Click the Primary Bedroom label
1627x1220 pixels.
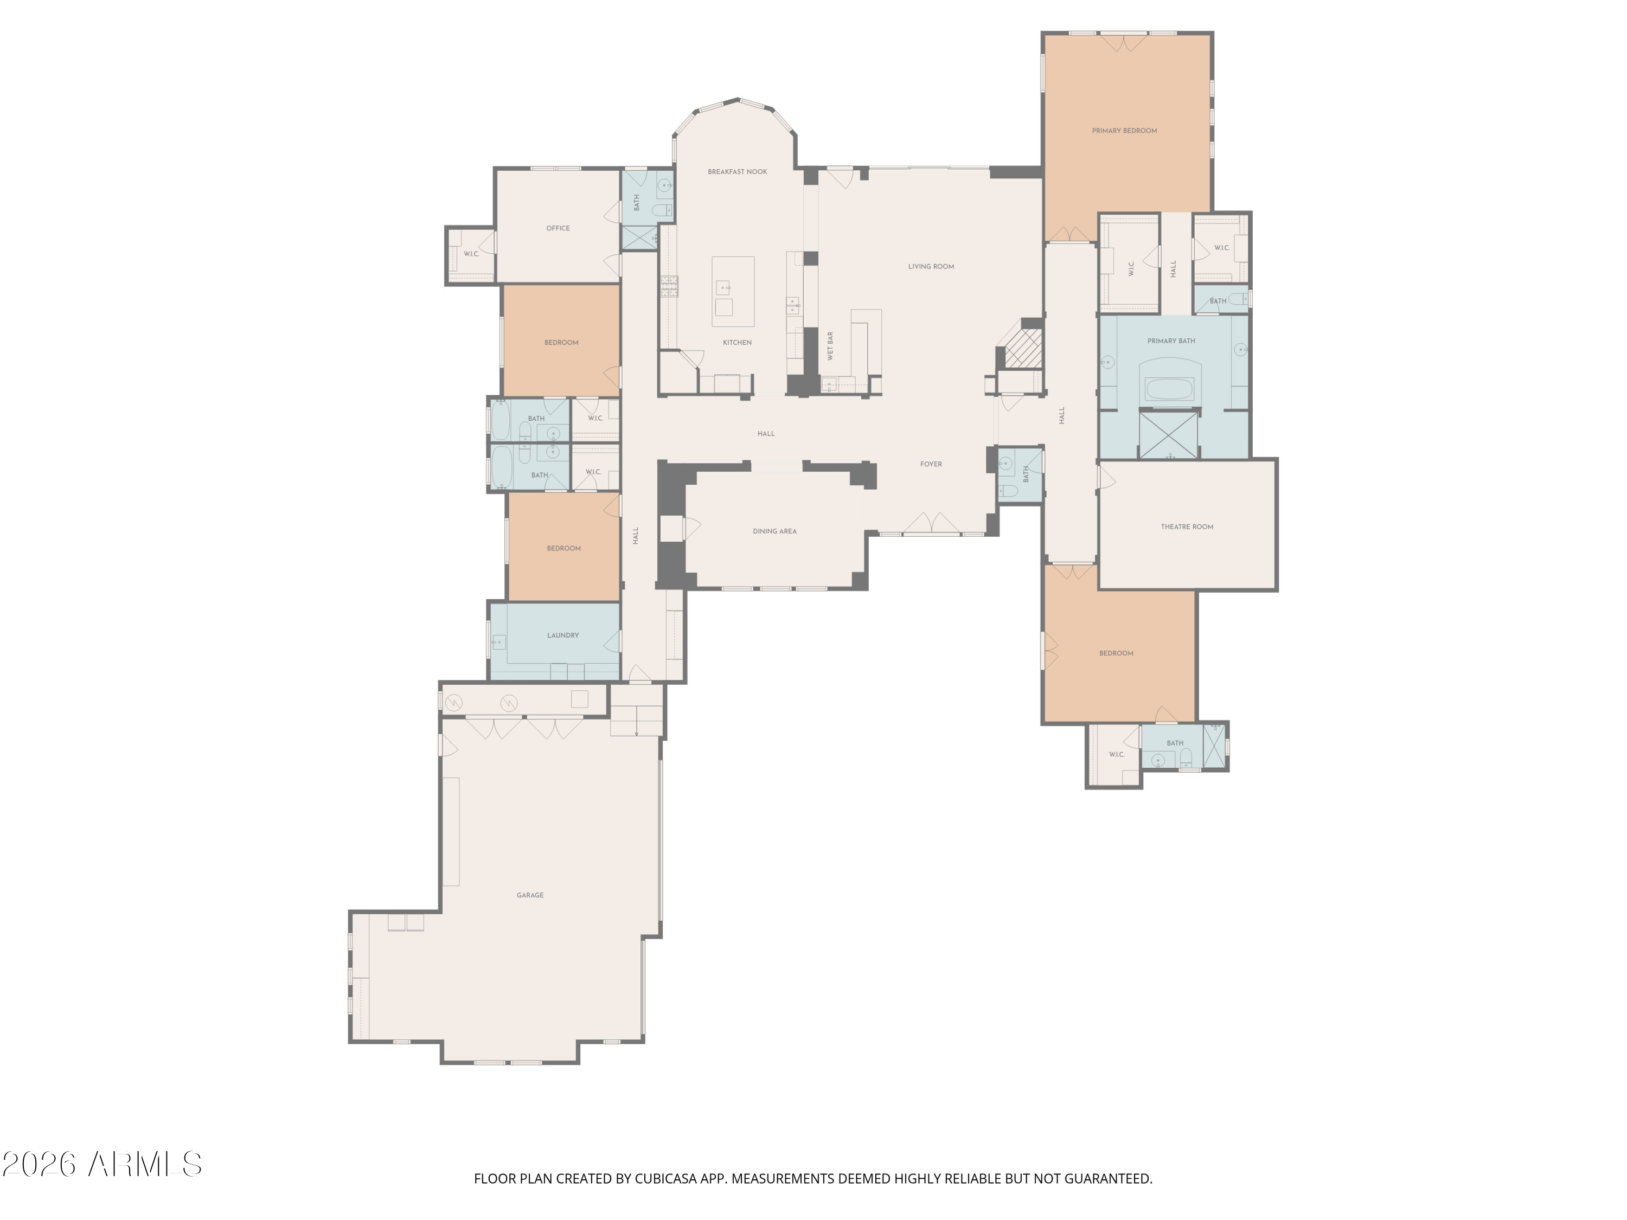click(1124, 131)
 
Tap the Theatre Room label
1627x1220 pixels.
click(1187, 526)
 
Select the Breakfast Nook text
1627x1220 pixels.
click(737, 172)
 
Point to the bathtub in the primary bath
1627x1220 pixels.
click(1169, 388)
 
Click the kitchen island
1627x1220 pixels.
click(733, 291)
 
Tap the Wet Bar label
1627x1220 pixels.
click(830, 345)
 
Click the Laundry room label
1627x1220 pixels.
click(563, 635)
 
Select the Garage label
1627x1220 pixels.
click(529, 895)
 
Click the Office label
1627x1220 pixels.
click(558, 228)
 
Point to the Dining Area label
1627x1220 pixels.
click(774, 531)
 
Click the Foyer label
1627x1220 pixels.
click(931, 464)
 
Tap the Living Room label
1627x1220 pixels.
click(931, 266)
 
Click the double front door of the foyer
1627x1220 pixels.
click(932, 524)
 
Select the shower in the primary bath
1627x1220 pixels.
click(1168, 435)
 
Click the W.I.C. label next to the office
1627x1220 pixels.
click(471, 254)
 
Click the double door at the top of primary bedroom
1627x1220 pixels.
click(1125, 43)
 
